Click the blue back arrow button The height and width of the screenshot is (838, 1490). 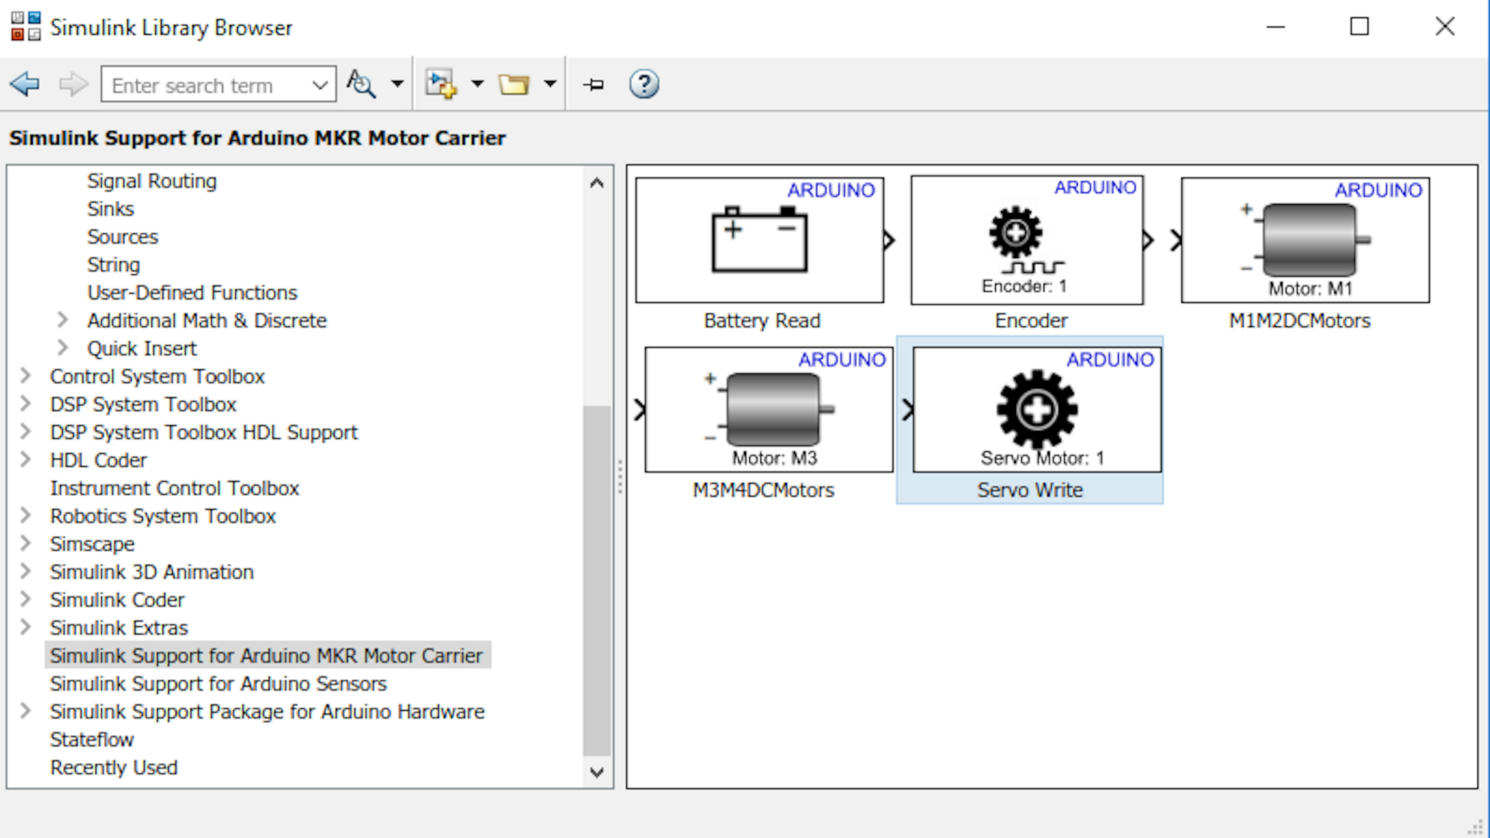coord(25,84)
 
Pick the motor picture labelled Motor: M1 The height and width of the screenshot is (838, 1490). coord(1308,239)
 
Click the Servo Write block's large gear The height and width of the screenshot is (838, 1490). coord(1037,409)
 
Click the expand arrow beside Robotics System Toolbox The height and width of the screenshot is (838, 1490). coord(25,515)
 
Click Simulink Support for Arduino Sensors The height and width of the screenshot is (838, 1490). coord(218,684)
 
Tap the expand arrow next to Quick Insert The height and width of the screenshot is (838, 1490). coord(63,348)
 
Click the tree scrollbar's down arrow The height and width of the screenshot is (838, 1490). coord(597,772)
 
